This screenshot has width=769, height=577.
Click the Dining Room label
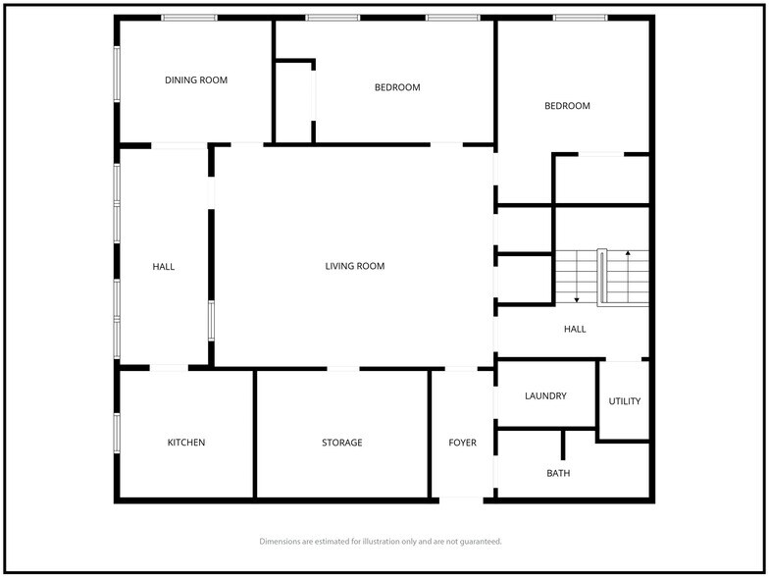196,80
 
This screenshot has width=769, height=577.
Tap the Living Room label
355,266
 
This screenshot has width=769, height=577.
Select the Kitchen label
186,443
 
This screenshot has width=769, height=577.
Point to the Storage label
342,443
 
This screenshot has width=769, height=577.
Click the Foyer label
463,443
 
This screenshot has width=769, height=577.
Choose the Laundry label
545,396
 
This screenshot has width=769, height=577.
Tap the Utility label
625,401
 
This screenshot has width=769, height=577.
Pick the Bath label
558,473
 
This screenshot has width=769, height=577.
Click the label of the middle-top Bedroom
397,87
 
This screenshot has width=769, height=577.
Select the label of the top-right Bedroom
568,106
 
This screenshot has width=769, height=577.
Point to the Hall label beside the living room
164,266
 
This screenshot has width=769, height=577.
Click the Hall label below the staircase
575,329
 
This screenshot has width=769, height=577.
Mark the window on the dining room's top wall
189,18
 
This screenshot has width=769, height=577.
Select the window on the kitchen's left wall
117,433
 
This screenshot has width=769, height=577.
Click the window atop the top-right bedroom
580,18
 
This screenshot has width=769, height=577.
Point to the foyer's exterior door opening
461,500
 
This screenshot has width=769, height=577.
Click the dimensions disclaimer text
381,541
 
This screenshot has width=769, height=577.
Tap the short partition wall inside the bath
562,445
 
